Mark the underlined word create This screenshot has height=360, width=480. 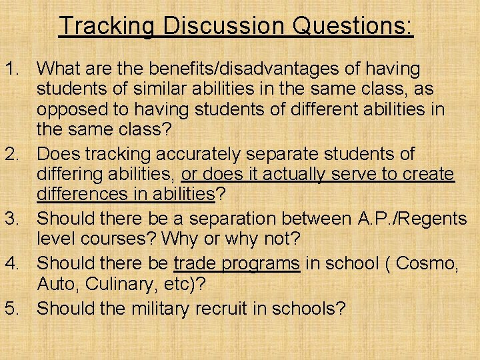[430, 175]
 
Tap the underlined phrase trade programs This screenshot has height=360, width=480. [237, 263]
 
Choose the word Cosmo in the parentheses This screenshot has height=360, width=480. [427, 263]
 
